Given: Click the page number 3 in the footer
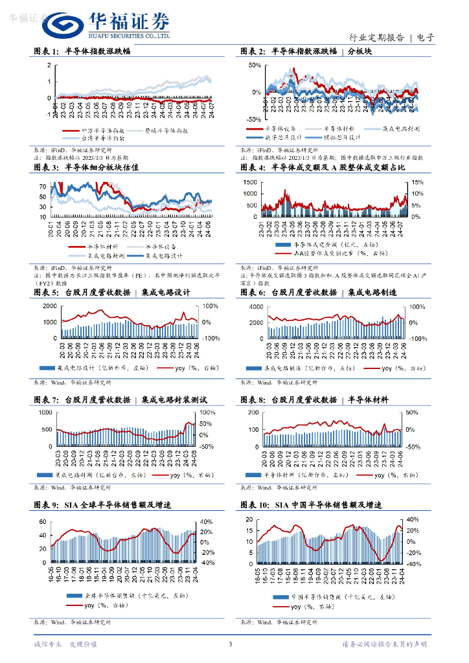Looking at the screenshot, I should click(x=230, y=644).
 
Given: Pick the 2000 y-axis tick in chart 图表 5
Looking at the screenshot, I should click(x=49, y=306).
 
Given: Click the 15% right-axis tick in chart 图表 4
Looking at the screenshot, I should click(x=418, y=183).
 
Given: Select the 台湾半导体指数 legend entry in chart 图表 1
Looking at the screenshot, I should click(x=103, y=137).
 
